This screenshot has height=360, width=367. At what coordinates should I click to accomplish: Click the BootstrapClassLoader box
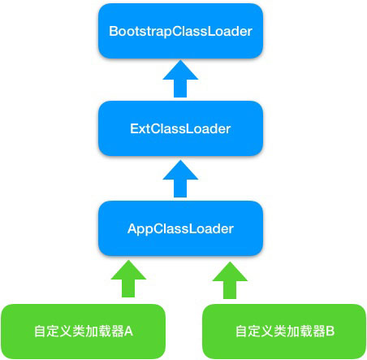point(180,31)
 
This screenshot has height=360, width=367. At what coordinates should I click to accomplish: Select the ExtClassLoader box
point(180,128)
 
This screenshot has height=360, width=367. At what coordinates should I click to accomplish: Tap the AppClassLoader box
point(180,228)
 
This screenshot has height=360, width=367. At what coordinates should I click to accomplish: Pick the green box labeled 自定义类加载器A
point(83,332)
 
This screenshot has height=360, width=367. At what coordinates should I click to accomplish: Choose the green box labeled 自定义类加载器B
point(284,332)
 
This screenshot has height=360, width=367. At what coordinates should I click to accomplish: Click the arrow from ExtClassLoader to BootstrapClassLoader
point(180,79)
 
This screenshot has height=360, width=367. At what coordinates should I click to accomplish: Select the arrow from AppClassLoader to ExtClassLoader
point(180,179)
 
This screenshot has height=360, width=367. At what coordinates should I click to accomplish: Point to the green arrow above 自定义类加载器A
point(128,279)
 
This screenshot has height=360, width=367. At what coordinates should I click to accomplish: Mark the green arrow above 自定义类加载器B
point(230,280)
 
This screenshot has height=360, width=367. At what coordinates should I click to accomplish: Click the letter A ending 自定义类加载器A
point(128,332)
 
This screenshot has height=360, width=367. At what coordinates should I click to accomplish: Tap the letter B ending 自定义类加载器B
point(330,331)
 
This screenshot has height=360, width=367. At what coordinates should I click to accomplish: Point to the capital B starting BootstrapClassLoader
point(113,31)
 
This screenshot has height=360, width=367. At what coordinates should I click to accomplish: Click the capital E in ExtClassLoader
point(134,128)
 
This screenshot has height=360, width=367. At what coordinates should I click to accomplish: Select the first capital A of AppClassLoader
point(132,228)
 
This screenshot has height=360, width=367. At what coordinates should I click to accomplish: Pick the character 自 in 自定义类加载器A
point(40,332)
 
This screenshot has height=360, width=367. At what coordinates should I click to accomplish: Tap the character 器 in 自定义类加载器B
point(319,332)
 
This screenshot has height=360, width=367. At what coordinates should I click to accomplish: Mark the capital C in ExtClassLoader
point(156,128)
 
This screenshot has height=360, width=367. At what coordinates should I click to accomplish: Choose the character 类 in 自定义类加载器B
point(280,332)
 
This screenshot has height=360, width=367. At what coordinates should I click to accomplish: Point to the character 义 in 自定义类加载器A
point(65,332)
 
